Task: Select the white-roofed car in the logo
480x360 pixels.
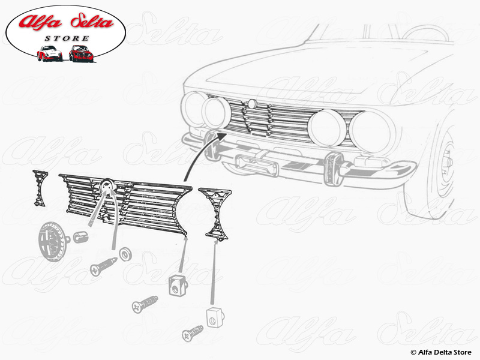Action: coord(49,53)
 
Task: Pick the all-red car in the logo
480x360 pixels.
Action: coord(81,53)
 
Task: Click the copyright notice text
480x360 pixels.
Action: coord(441,352)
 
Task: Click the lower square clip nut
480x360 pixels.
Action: coord(214,316)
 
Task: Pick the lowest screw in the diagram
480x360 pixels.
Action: coord(193,332)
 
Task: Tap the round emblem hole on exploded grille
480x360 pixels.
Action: coord(107,185)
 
